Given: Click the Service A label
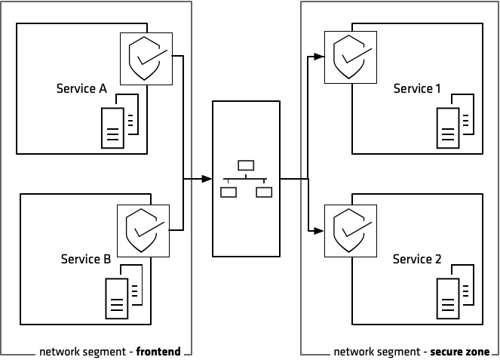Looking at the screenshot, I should (81, 89).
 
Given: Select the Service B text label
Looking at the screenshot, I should (85, 260).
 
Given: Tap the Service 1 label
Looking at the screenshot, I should (417, 89).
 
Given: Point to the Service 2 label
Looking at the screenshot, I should (417, 260).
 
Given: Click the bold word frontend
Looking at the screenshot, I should (158, 352).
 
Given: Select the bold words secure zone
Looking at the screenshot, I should (459, 352).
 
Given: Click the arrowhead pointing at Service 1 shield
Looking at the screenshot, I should (318, 55).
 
